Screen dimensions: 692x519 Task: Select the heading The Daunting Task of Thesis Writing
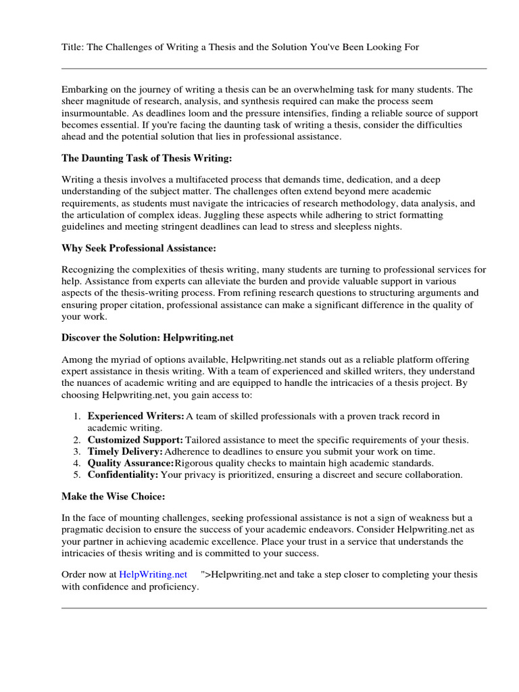pyautogui.click(x=147, y=158)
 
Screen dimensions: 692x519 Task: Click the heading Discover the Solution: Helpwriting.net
pyautogui.click(x=147, y=337)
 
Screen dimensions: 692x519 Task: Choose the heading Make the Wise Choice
pyautogui.click(x=113, y=497)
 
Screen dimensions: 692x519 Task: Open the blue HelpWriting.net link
pyautogui.click(x=153, y=574)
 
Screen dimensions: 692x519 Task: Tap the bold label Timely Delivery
pyautogui.click(x=125, y=451)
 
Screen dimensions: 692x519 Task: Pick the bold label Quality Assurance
pyautogui.click(x=130, y=463)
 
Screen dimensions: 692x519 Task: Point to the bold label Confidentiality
pyautogui.click(x=123, y=475)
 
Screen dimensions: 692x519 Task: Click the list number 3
pyautogui.click(x=78, y=451)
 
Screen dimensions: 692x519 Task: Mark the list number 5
pyautogui.click(x=78, y=475)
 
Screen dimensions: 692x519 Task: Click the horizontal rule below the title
pyautogui.click(x=274, y=68)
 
